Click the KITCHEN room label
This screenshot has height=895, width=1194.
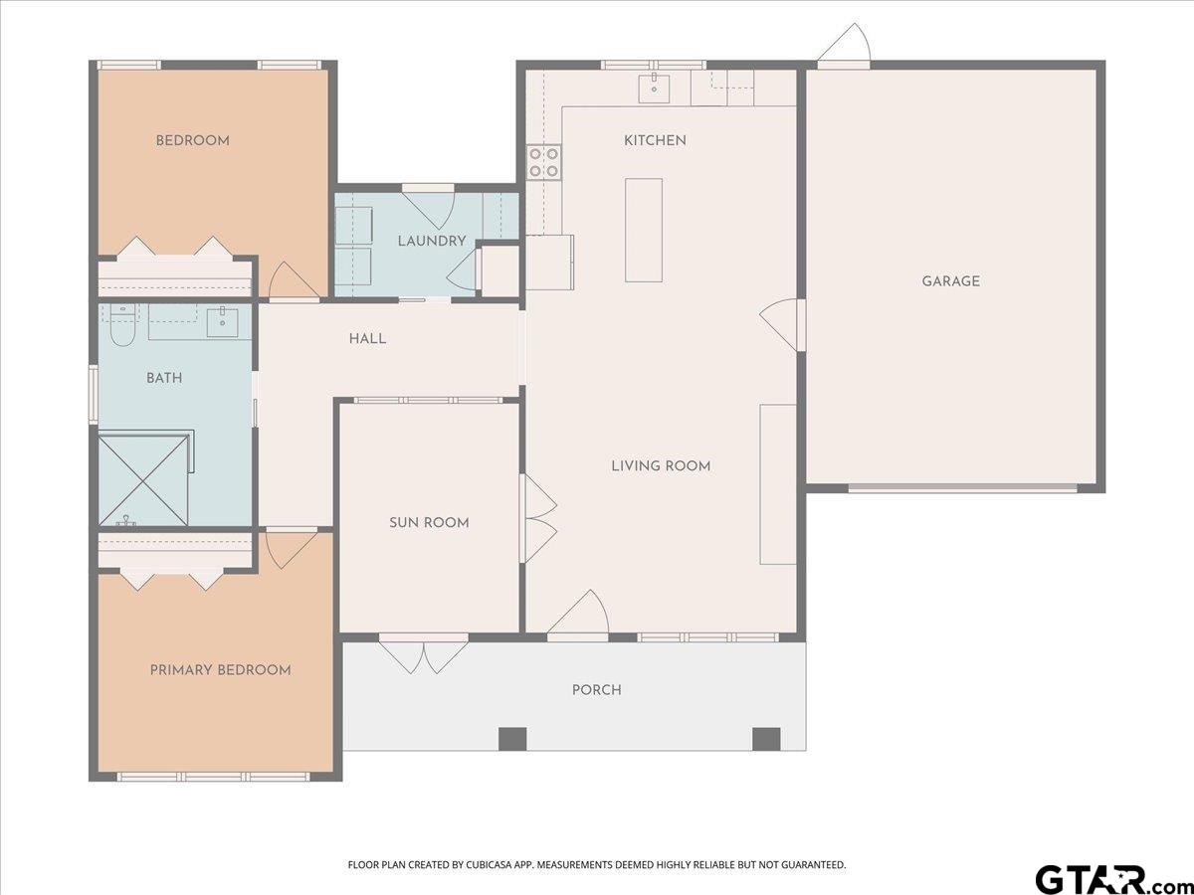point(655,140)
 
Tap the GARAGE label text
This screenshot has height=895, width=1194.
point(950,281)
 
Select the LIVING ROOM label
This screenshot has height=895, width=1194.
point(661,465)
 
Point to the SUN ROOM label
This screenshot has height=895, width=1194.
point(429,522)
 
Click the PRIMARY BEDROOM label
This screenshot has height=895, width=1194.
point(220,670)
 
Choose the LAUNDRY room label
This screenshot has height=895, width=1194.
point(432,241)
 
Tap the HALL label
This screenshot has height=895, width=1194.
point(367,339)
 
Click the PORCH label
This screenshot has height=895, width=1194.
point(596,690)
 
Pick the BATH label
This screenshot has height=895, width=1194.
point(164,378)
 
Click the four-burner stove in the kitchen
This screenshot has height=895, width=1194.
point(543,162)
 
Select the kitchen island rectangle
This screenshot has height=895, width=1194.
point(644,230)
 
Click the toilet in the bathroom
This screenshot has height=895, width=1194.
point(121,327)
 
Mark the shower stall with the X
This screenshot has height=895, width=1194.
point(143,477)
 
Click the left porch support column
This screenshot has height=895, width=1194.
point(511,739)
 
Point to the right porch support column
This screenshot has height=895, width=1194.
point(766,739)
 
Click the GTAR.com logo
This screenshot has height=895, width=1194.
point(1104,879)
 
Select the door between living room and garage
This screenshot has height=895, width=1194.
point(782,324)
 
